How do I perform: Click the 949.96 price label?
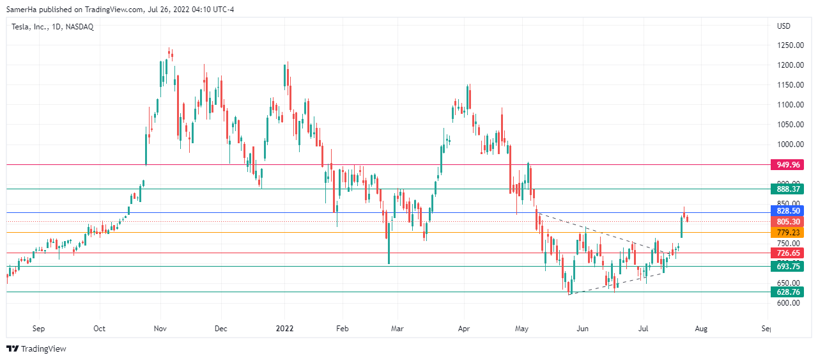[788, 165]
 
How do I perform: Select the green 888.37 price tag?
[788, 189]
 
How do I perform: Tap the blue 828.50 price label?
[788, 211]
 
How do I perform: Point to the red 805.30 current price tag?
[788, 222]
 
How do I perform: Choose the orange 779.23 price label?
[788, 233]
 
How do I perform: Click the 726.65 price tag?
[788, 253]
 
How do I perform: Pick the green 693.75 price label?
[788, 266]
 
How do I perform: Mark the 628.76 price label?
[788, 292]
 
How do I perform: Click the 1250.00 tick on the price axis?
[790, 45]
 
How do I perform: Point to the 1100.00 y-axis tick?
[790, 105]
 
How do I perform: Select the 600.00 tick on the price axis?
[790, 303]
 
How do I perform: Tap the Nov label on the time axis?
[160, 329]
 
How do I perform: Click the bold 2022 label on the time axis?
[284, 329]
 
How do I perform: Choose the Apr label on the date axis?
[464, 329]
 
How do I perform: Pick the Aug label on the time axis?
[701, 329]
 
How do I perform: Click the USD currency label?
[783, 26]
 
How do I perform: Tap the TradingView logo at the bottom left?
[36, 348]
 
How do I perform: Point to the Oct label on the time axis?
[100, 329]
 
